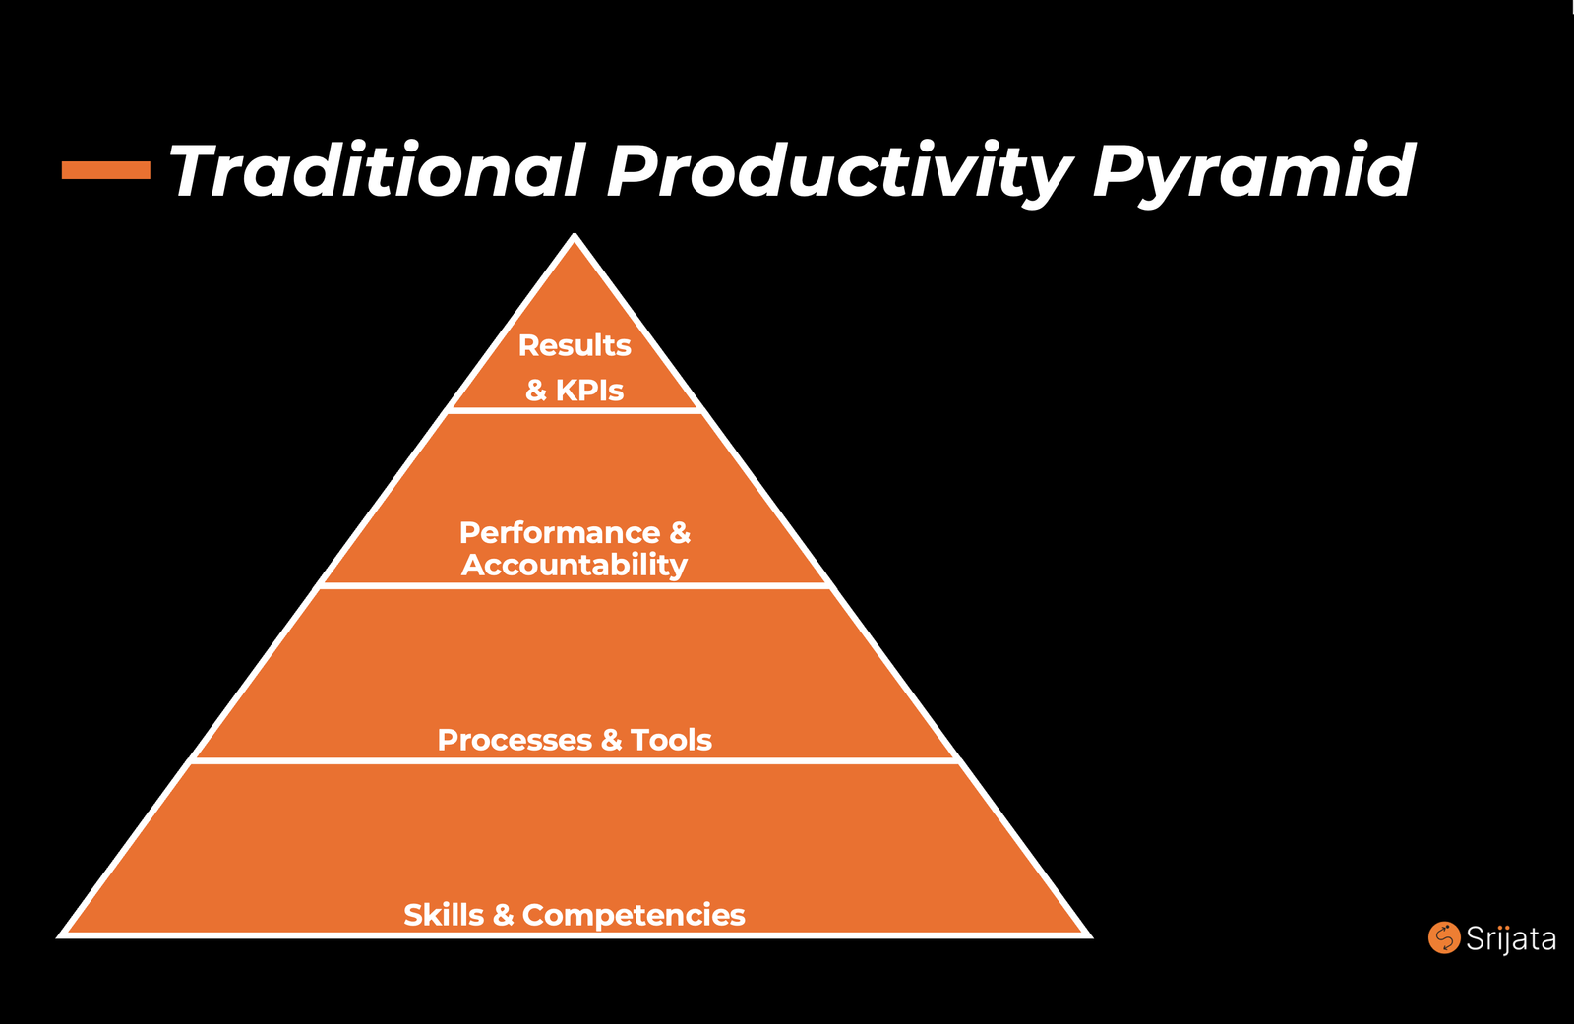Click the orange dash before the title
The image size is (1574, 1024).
tap(106, 170)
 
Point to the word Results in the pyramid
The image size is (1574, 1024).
tap(575, 346)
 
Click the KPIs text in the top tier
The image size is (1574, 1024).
tap(589, 391)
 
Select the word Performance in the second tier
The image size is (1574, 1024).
tap(560, 533)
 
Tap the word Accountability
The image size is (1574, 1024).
tap(575, 566)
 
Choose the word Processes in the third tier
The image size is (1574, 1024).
tap(515, 740)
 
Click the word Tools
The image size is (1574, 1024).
tap(671, 740)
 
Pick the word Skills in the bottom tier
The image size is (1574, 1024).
tap(444, 915)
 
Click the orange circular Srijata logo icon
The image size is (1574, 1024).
tap(1444, 937)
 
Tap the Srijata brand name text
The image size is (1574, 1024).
tap(1511, 939)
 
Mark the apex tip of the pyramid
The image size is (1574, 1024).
tap(575, 234)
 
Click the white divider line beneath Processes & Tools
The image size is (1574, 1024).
tap(575, 760)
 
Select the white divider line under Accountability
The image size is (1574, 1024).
tap(575, 585)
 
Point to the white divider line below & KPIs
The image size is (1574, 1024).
tap(575, 410)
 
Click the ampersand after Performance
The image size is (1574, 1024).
tap(680, 533)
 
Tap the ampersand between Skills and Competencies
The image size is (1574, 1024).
tap(503, 915)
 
